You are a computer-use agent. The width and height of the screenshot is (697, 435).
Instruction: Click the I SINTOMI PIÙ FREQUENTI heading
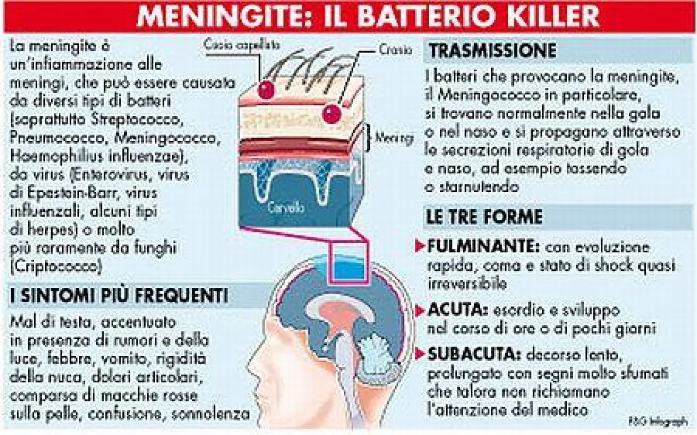118,295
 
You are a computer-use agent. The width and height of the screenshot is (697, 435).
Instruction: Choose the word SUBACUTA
471,355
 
